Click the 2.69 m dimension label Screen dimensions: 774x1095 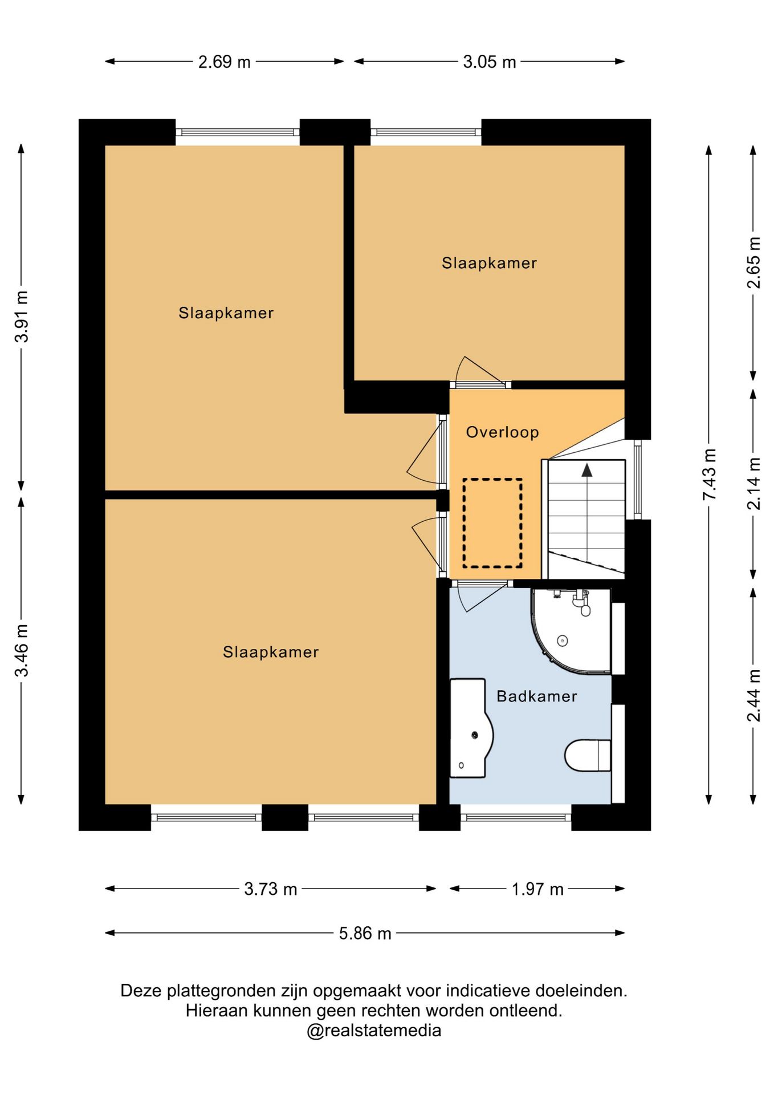(x=224, y=62)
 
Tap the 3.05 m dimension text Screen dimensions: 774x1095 (x=489, y=62)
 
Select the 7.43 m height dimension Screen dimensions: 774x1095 (x=709, y=474)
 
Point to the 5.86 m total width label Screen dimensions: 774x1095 (x=365, y=933)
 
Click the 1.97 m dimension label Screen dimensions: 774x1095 (x=537, y=889)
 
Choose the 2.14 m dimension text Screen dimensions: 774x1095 (x=753, y=484)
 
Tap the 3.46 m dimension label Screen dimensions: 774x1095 (x=21, y=651)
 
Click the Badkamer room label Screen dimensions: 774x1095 (x=536, y=696)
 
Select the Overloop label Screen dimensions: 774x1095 (x=502, y=432)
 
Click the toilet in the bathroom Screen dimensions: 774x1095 (x=588, y=755)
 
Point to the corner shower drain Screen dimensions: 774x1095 (x=563, y=641)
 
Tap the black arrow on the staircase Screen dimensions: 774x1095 (x=586, y=470)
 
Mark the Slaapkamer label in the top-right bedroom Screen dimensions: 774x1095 (x=489, y=263)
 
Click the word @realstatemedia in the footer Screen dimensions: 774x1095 (x=374, y=1031)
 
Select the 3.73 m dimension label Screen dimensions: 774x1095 (x=271, y=889)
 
